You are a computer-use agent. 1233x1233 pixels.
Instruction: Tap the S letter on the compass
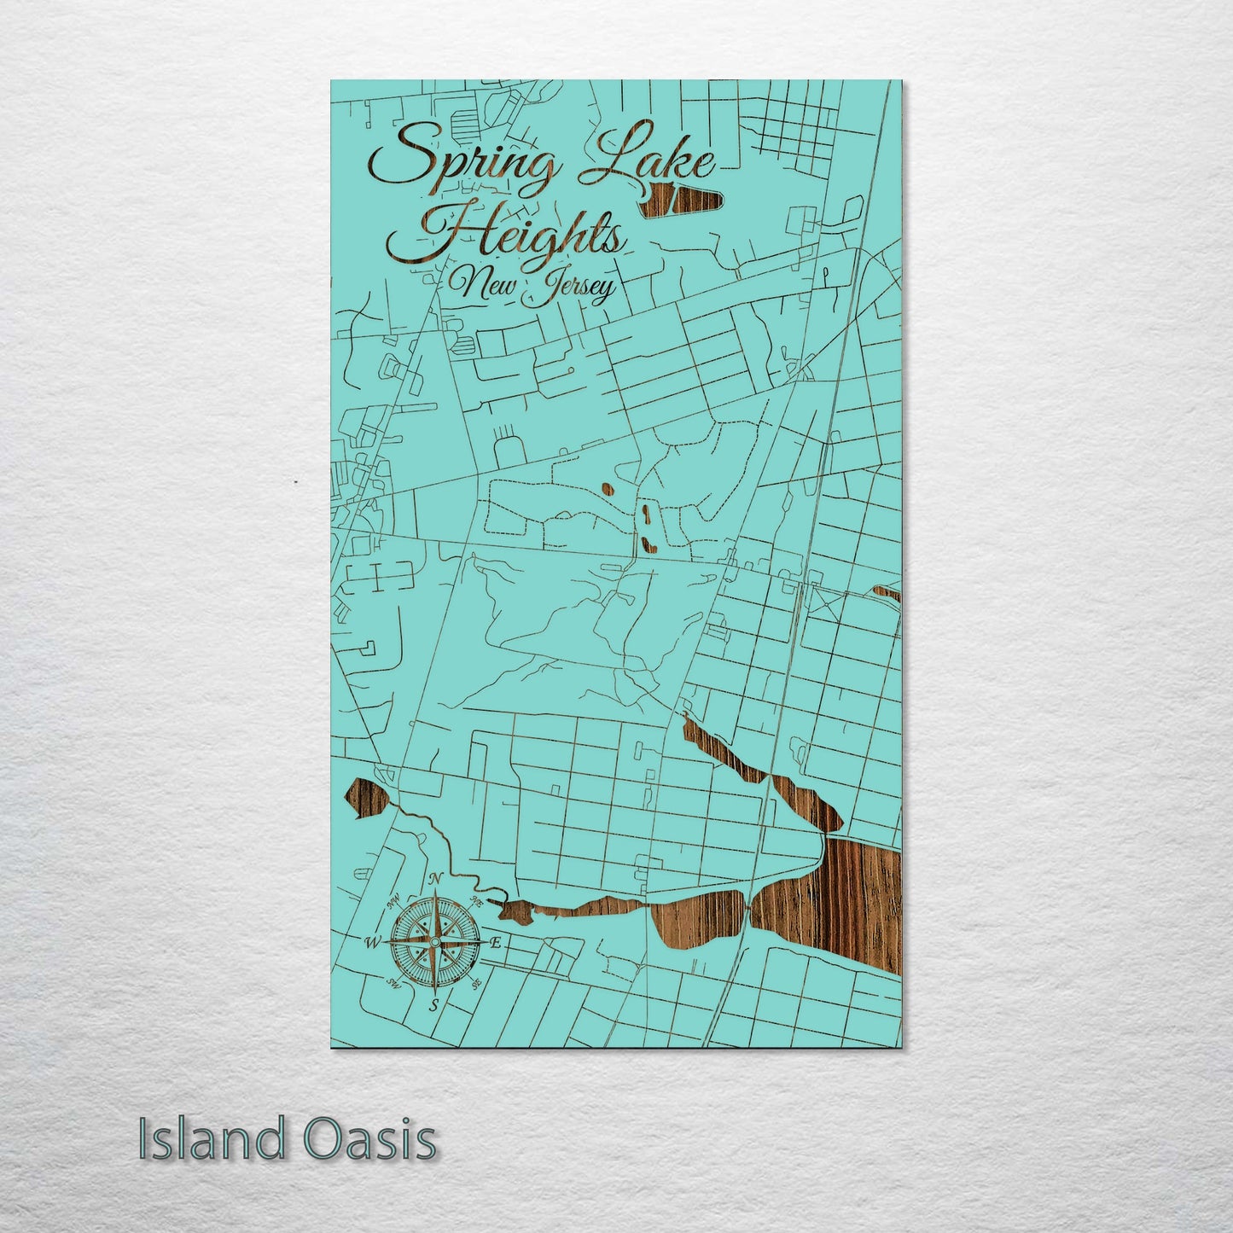(434, 1004)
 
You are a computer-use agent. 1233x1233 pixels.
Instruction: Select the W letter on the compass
(372, 943)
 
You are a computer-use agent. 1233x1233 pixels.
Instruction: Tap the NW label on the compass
(393, 901)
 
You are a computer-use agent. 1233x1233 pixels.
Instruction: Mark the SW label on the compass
(393, 983)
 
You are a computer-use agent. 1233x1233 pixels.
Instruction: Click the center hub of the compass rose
(434, 942)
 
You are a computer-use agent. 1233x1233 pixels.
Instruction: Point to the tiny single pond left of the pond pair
(607, 490)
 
